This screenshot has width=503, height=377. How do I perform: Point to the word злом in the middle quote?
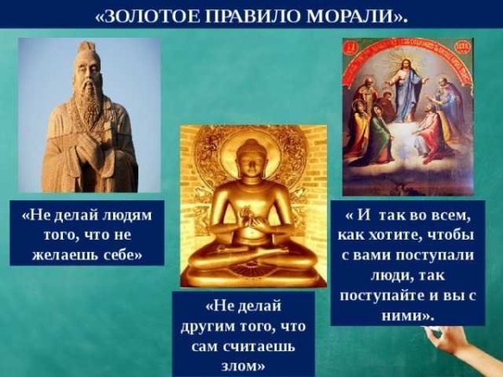[242, 364]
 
